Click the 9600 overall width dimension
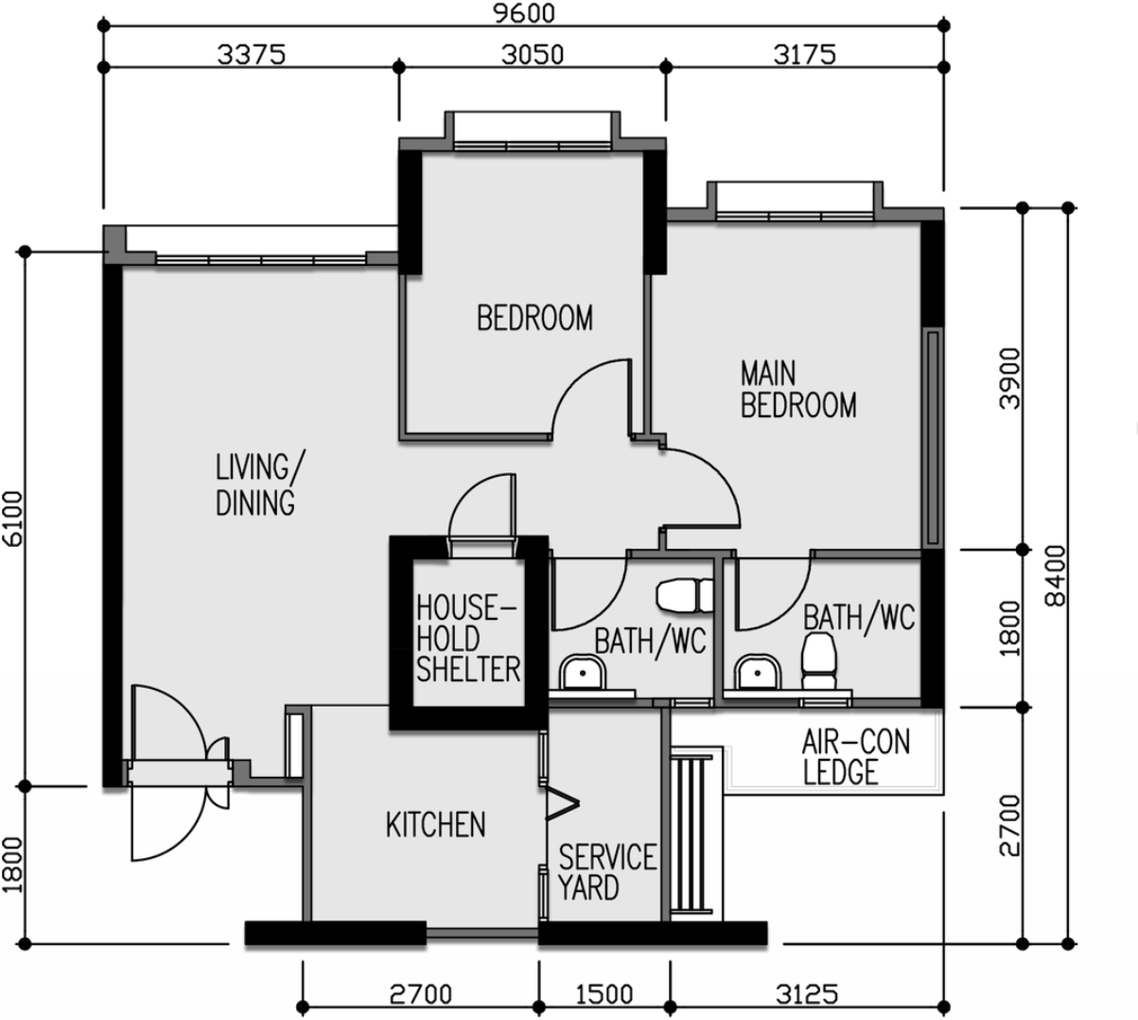(x=524, y=13)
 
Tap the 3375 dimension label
(x=251, y=55)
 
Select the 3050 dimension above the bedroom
(x=532, y=55)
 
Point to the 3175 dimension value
(x=804, y=55)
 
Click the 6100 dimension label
(x=13, y=519)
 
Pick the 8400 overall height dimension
(x=1056, y=576)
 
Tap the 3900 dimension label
(x=1010, y=378)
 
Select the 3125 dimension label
(x=807, y=994)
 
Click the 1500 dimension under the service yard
(x=604, y=994)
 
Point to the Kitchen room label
(x=435, y=825)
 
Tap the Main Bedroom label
(x=798, y=390)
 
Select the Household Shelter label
(x=468, y=639)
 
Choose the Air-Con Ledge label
(x=856, y=757)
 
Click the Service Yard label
(x=607, y=872)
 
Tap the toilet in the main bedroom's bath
(x=818, y=660)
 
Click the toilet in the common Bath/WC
(x=685, y=596)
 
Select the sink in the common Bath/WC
(x=583, y=672)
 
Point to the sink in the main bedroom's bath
(x=757, y=672)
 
